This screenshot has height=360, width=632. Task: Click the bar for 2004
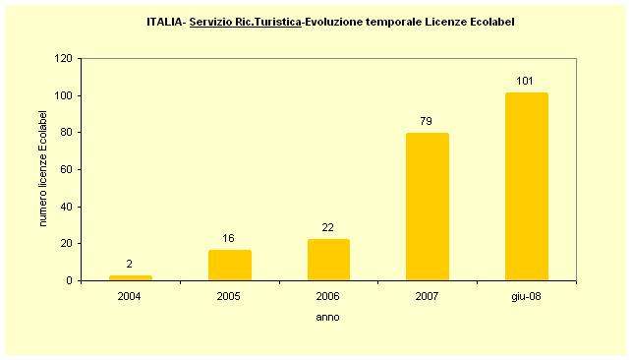pos(131,277)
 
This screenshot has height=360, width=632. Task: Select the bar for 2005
pos(230,266)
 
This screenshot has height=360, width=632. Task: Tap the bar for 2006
pos(328,260)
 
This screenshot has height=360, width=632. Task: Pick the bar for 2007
pos(428,207)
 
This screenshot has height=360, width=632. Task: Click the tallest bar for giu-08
pos(526,187)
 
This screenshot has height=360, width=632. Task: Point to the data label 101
pos(526,81)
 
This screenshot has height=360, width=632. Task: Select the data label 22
pos(328,227)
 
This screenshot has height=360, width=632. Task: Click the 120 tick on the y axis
pos(63,59)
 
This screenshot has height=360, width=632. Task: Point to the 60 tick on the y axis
pos(66,170)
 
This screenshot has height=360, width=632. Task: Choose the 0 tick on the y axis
pos(69,281)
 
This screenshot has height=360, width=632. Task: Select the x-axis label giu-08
pos(526,295)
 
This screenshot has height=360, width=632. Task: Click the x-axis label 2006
pos(328,295)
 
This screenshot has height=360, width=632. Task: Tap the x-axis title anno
pos(328,317)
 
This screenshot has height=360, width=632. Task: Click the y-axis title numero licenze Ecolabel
pos(43,170)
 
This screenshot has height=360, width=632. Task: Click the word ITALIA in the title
pos(162,21)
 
